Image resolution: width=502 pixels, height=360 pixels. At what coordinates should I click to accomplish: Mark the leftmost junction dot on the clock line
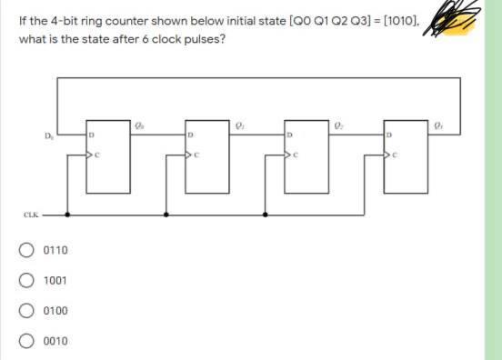[67, 215]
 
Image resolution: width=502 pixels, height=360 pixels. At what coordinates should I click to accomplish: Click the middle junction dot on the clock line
[166, 215]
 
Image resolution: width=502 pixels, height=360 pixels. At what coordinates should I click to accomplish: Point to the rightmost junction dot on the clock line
[265, 215]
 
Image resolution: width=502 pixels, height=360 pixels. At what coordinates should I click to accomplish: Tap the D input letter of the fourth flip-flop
[387, 135]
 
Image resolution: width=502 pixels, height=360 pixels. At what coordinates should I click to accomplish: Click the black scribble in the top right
[460, 20]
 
